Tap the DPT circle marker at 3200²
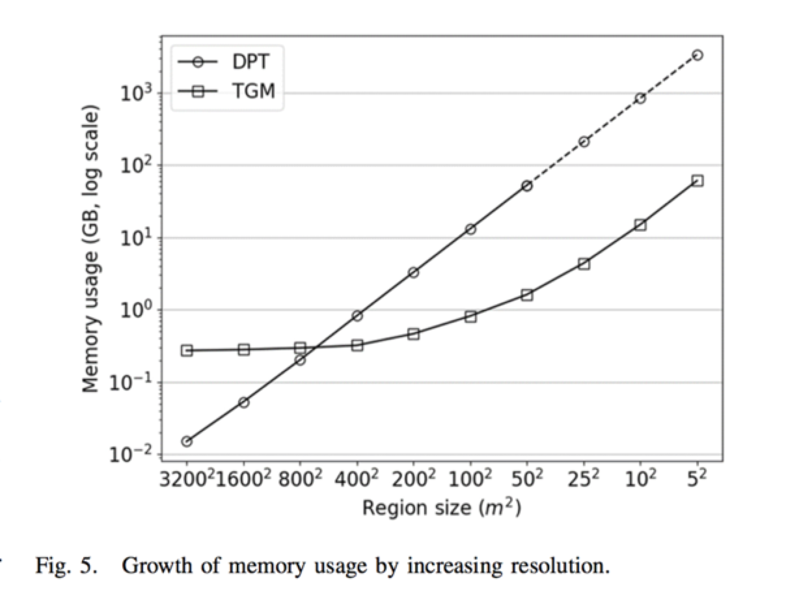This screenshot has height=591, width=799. point(187,441)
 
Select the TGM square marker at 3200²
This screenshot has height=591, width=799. point(187,350)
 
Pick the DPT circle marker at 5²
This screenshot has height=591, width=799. point(697,55)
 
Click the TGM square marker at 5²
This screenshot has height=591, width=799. point(697,180)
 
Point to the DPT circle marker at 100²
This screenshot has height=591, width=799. point(470,229)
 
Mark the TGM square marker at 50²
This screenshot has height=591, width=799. point(527,295)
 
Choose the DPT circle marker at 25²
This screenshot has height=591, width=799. point(584,141)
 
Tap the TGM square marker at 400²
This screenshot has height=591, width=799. point(357,345)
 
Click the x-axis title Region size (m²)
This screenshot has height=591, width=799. point(442,508)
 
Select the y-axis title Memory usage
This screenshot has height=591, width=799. point(90,249)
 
